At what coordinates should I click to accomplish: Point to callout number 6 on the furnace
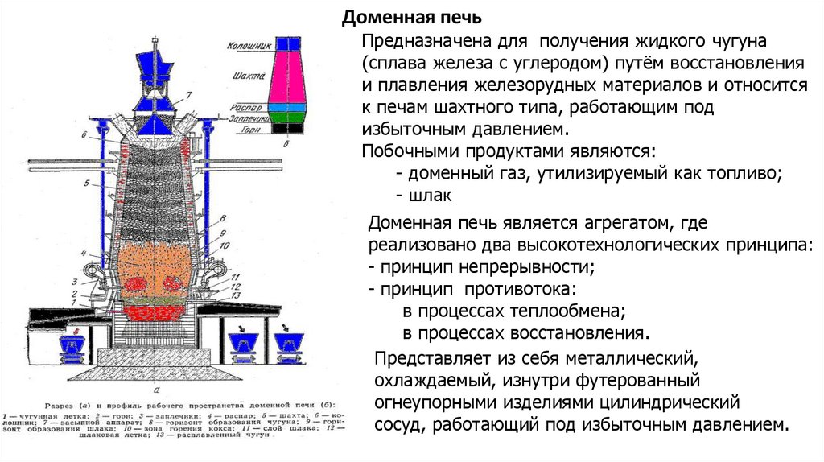tap(84, 133)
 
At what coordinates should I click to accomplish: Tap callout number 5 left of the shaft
tap(84, 185)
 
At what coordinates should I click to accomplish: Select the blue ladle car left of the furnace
tap(75, 344)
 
